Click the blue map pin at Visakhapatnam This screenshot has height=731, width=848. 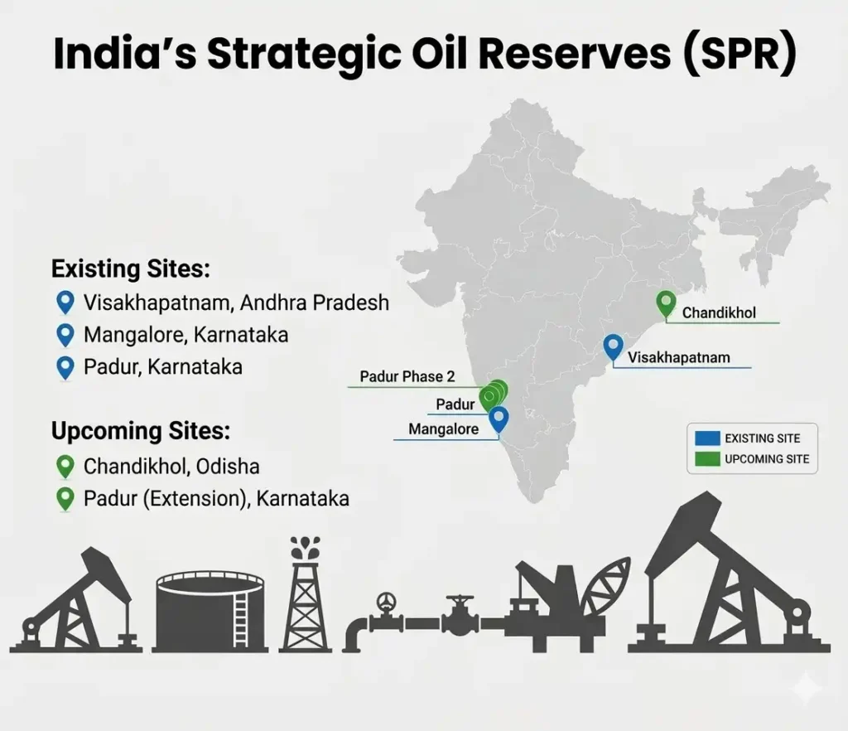613,346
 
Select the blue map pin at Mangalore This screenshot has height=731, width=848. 498,419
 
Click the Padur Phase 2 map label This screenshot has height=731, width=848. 407,377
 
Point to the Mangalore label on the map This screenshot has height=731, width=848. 444,430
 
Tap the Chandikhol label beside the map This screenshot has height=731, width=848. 719,314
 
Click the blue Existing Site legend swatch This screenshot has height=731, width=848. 706,438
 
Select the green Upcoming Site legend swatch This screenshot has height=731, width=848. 706,458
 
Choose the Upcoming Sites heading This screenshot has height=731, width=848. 141,432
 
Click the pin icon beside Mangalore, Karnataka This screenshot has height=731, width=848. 65,335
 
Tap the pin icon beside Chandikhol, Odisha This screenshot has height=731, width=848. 65,467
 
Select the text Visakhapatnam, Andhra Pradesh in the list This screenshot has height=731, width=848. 236,303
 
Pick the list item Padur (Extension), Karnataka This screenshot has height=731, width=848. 216,499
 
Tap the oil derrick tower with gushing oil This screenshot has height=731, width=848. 307,597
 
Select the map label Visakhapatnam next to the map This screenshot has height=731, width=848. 679,358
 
